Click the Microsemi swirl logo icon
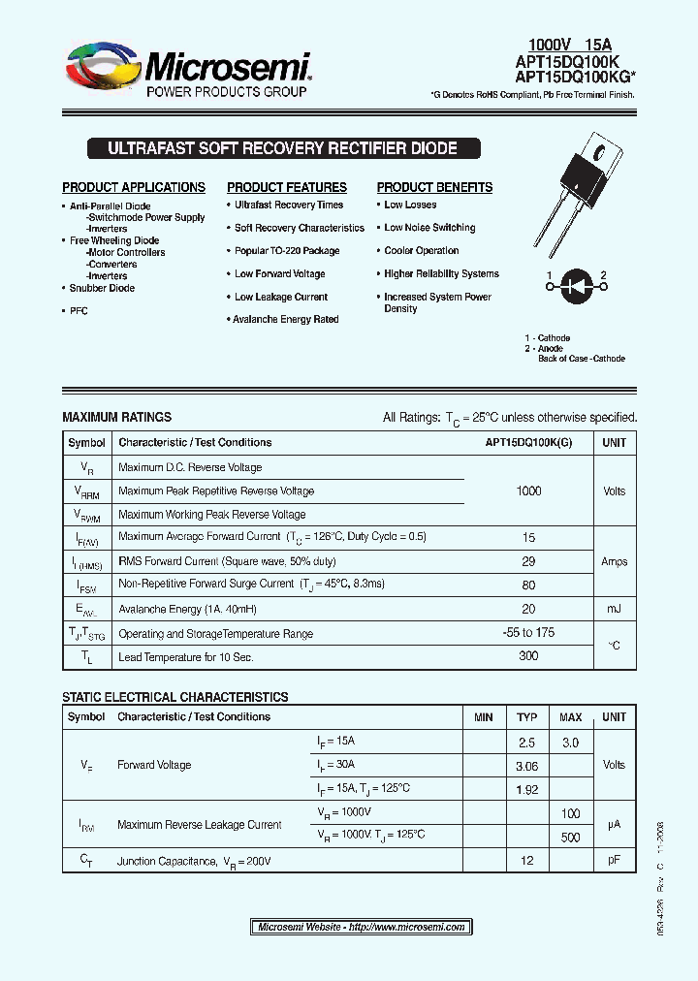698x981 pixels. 102,70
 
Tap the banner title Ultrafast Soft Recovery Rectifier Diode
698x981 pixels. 282,149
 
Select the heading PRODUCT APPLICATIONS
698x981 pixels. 134,187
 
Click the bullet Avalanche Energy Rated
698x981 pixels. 286,319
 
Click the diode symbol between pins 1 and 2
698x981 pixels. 576,286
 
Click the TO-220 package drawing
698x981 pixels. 578,194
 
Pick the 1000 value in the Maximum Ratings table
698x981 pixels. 528,490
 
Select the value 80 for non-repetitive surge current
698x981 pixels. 528,585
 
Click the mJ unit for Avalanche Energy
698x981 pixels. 614,609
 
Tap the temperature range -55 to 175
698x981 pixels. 528,632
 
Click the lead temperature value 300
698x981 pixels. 528,656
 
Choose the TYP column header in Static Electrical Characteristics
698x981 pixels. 526,717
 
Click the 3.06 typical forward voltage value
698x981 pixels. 526,766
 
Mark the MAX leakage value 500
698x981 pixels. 570,837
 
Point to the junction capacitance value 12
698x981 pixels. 526,861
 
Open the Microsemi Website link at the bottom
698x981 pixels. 362,927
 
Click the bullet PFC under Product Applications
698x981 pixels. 79,311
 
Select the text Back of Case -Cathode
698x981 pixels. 582,359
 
